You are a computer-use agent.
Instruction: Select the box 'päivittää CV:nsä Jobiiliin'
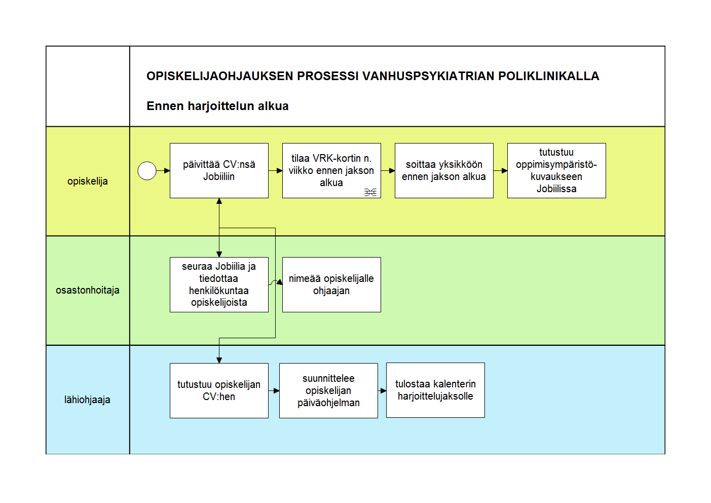pos(219,171)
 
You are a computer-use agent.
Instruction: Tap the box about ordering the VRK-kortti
pos(332,171)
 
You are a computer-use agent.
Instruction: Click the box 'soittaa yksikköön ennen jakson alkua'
pos(444,171)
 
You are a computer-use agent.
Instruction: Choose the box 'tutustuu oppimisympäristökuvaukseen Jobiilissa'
pos(557,171)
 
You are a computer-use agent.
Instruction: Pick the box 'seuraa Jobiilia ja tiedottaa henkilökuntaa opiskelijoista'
pos(219,285)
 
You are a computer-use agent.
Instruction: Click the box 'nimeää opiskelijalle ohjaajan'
pos(332,285)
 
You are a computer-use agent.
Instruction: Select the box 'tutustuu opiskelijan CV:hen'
pos(219,390)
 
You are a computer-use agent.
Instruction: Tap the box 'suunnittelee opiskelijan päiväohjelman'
pos(328,390)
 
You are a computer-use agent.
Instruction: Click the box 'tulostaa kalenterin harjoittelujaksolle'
pos(435,390)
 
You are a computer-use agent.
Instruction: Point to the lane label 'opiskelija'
pos(88,182)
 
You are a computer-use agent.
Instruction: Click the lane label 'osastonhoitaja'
pos(88,290)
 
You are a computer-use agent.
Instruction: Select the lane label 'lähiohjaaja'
pos(87,400)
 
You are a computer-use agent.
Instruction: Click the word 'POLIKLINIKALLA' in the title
pos(549,76)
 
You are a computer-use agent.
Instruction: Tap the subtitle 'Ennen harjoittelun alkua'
pos(217,106)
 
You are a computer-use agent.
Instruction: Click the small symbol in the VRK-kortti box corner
pos(370,192)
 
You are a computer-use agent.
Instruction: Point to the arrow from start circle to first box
pos(163,171)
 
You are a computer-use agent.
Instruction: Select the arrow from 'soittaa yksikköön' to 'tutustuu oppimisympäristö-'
pos(501,171)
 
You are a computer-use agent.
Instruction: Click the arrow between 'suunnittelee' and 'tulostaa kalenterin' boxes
pos(382,390)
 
